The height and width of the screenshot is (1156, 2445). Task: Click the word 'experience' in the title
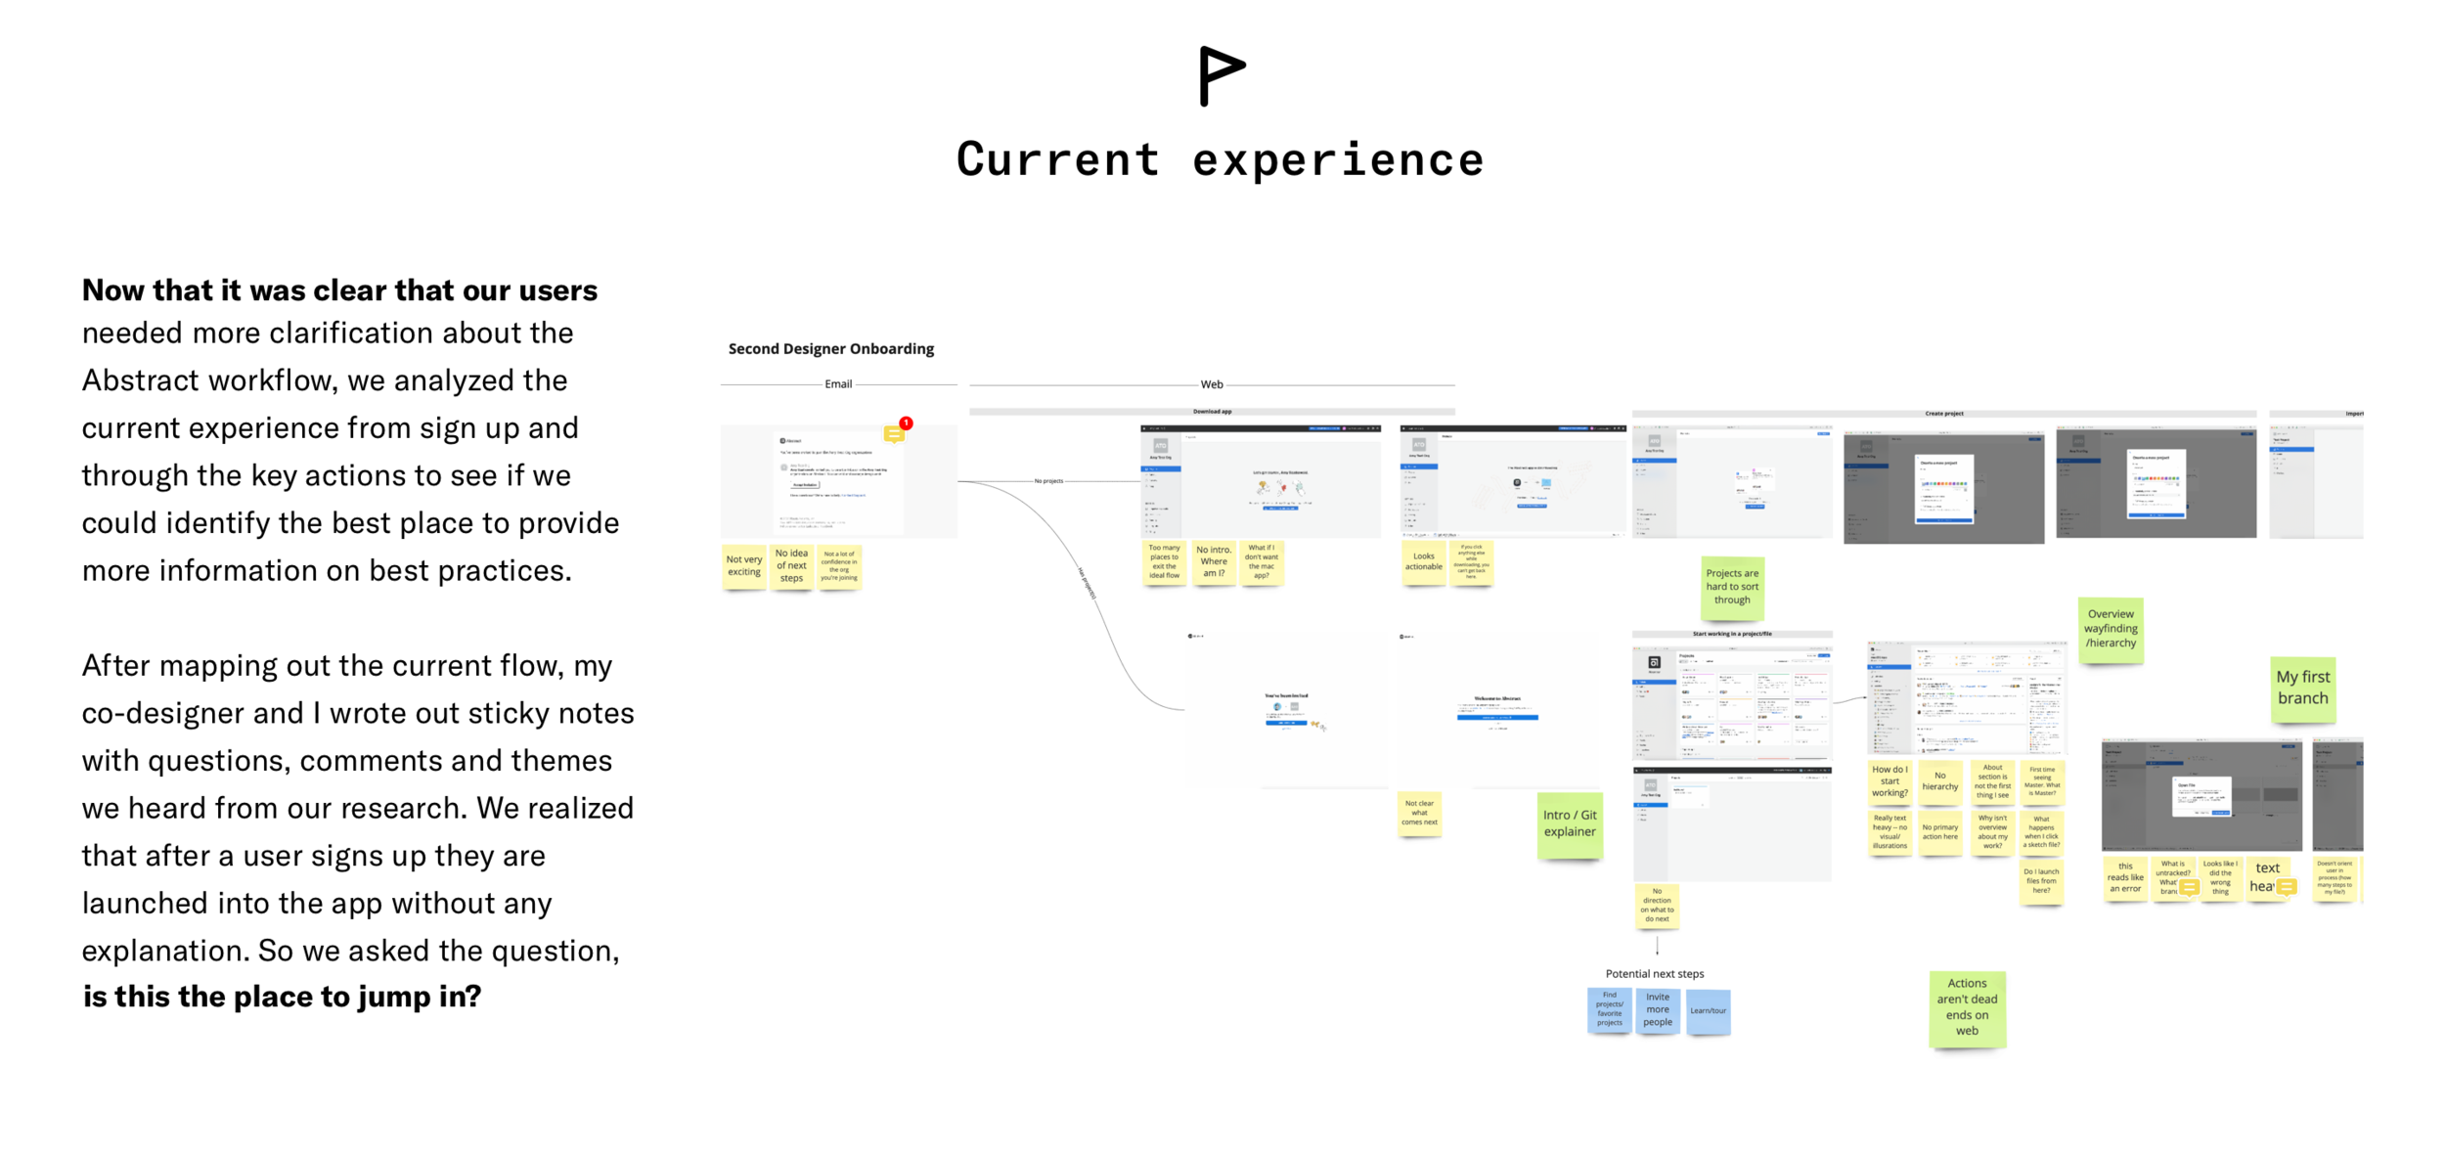click(x=1337, y=160)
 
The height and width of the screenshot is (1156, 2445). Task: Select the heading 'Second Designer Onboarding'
click(x=830, y=349)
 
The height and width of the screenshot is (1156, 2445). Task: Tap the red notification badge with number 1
click(x=906, y=423)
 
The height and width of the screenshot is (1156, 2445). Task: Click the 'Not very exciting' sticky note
click(x=743, y=566)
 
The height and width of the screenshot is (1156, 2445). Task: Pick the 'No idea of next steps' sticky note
click(x=791, y=566)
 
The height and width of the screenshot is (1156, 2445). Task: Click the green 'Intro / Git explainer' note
click(x=1569, y=824)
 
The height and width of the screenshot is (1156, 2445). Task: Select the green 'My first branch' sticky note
click(x=2302, y=688)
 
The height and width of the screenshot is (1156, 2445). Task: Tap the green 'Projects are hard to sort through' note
click(x=1731, y=587)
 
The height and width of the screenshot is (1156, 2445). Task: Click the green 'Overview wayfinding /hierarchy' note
click(x=2110, y=629)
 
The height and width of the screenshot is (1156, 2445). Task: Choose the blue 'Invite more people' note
click(x=1657, y=1010)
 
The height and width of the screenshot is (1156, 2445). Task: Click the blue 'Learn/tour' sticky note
click(x=1708, y=1011)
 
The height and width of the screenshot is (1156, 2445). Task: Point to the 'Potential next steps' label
click(x=1654, y=974)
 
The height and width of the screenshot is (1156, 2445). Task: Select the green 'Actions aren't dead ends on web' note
click(x=1966, y=1007)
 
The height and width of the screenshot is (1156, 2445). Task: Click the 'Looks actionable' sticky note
click(x=1423, y=562)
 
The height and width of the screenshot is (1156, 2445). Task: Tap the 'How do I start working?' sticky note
click(x=1889, y=781)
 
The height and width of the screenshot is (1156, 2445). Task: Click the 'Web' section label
click(x=1211, y=385)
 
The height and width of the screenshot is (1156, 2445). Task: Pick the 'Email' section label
click(x=838, y=384)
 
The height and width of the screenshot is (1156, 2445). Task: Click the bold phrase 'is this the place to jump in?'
click(x=282, y=997)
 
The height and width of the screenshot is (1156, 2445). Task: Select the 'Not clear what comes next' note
click(x=1418, y=814)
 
